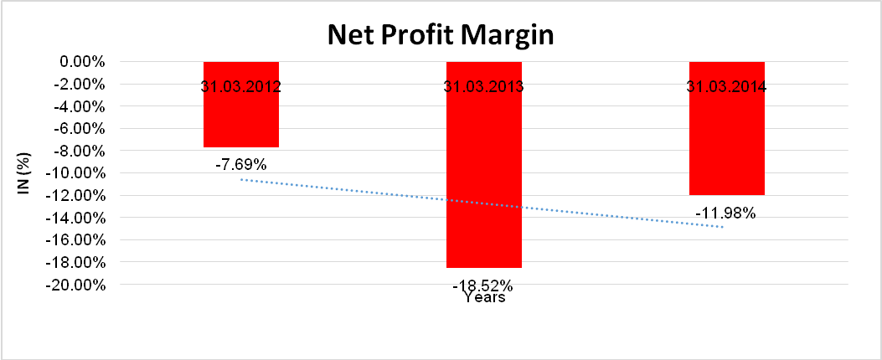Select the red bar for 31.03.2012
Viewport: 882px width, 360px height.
pyautogui.click(x=240, y=117)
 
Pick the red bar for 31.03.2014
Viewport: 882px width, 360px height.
pyautogui.click(x=726, y=142)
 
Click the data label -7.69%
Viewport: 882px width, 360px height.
pyautogui.click(x=240, y=165)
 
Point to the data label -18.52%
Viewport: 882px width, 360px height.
pyautogui.click(x=483, y=285)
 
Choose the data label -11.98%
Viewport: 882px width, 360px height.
pyautogui.click(x=725, y=213)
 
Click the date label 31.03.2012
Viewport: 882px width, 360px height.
pyautogui.click(x=240, y=86)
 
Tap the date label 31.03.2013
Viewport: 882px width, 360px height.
pyautogui.click(x=483, y=86)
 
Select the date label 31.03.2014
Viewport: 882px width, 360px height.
pyautogui.click(x=726, y=86)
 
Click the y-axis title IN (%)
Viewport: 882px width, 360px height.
pyautogui.click(x=24, y=172)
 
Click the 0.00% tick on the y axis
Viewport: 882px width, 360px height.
pyautogui.click(x=80, y=62)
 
